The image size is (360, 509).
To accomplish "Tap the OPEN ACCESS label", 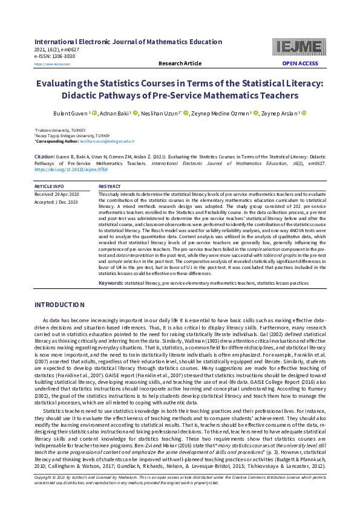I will click(x=299, y=63).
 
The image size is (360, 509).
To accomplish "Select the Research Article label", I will click(x=180, y=63).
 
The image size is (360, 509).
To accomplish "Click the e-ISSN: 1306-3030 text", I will click(x=55, y=56).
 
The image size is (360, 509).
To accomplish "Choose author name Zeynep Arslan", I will click(x=280, y=113).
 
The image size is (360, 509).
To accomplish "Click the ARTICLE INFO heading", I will click(x=49, y=187).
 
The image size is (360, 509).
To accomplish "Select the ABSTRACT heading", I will click(x=110, y=187).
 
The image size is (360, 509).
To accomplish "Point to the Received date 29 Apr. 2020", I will click(x=57, y=194).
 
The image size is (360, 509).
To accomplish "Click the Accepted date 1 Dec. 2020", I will click(x=56, y=201).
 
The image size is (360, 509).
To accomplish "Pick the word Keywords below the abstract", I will click(x=111, y=283).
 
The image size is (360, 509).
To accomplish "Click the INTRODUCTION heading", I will click(x=59, y=305).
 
